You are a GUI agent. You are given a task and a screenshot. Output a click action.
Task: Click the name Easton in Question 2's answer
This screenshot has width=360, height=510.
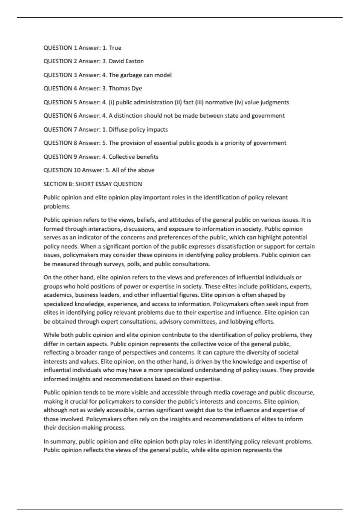[134, 61]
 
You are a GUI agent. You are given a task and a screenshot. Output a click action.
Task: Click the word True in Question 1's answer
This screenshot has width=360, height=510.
[115, 48]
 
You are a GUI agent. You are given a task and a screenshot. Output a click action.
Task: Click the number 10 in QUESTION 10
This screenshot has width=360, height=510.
[77, 170]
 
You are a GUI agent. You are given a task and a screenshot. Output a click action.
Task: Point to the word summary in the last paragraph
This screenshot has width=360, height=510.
[63, 442]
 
